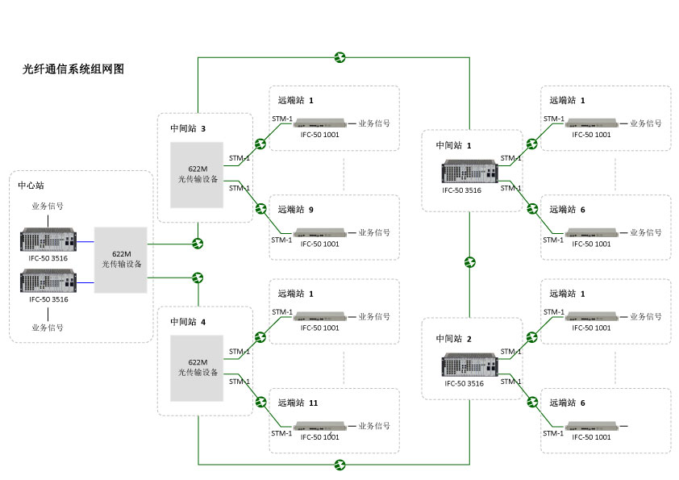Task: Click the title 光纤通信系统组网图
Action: [x=73, y=69]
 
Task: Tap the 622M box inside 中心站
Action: [x=121, y=260]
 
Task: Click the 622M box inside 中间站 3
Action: [x=198, y=174]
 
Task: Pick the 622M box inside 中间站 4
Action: [x=198, y=368]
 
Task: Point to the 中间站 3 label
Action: [x=188, y=128]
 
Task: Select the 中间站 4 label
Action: [x=188, y=322]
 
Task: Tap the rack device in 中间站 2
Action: [x=469, y=365]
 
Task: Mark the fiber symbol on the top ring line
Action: [x=340, y=57]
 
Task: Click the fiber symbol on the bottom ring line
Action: [x=340, y=465]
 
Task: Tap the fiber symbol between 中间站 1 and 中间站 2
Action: [x=470, y=262]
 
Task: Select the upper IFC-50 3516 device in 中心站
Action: [x=48, y=241]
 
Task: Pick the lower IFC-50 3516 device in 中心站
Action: [x=48, y=282]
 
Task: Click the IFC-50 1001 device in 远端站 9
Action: [x=320, y=233]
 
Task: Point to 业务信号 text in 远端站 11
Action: [x=374, y=426]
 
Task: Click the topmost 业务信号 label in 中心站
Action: [x=48, y=206]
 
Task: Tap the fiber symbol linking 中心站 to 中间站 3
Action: [x=198, y=243]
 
